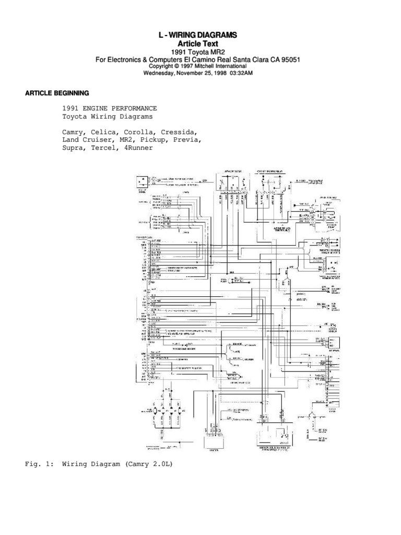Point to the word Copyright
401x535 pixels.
(164, 67)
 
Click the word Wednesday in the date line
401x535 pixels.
(162, 74)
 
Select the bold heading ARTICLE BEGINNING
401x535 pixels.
(57, 93)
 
